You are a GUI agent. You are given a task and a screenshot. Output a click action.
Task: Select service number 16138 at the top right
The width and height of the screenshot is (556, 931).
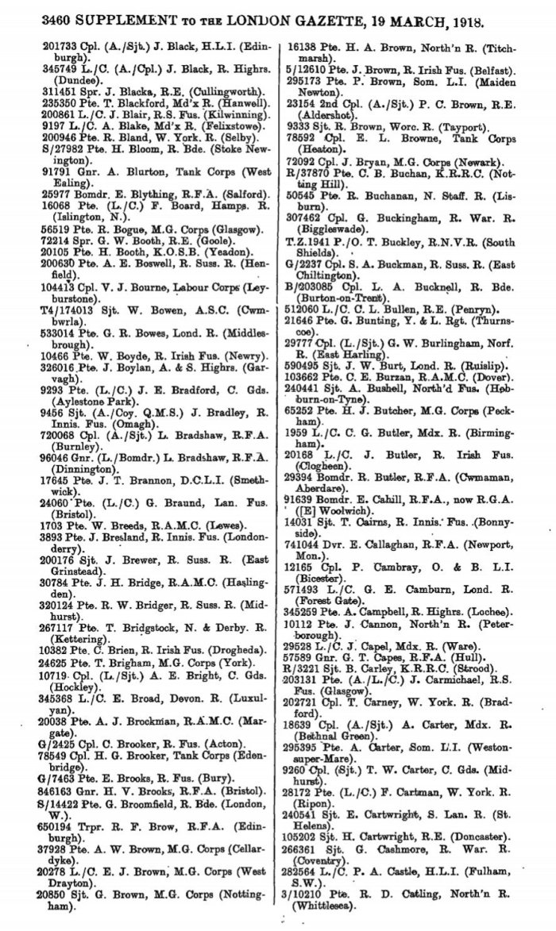coord(309,48)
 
